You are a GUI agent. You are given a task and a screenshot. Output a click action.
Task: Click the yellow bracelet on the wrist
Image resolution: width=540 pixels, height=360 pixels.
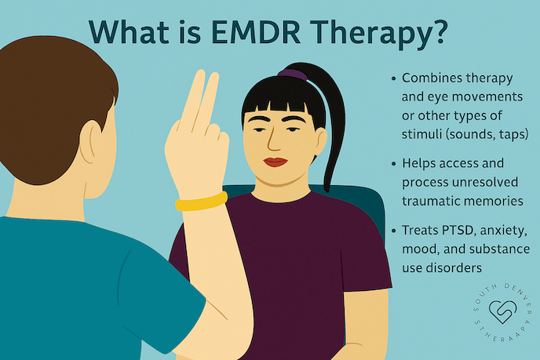point(201,203)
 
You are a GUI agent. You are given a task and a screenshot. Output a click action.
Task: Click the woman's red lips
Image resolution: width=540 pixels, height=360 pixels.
point(275,162)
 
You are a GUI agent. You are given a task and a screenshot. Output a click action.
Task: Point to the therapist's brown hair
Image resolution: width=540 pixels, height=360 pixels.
point(47,86)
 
